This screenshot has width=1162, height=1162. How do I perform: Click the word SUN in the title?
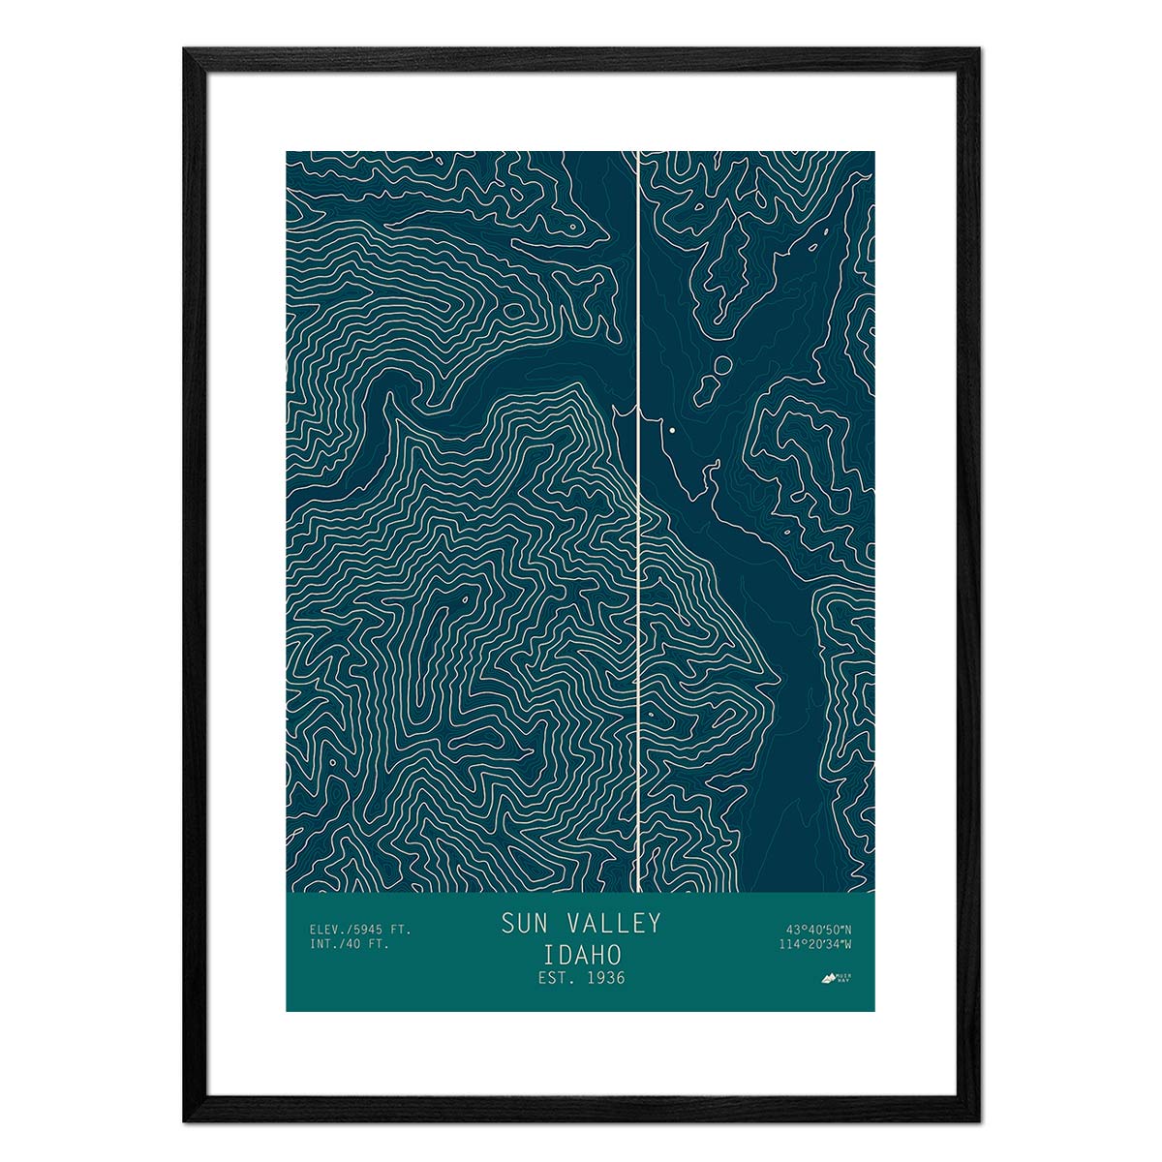pos(524,923)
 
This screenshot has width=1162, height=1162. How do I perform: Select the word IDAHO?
pos(581,952)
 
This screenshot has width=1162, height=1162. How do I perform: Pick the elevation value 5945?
pos(367,930)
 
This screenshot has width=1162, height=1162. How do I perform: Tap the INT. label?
pos(324,944)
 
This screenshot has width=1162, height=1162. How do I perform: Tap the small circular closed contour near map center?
pos(722,365)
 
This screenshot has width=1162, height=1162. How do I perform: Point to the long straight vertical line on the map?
pos(638,581)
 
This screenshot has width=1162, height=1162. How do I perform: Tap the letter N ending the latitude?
pos(848,930)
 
